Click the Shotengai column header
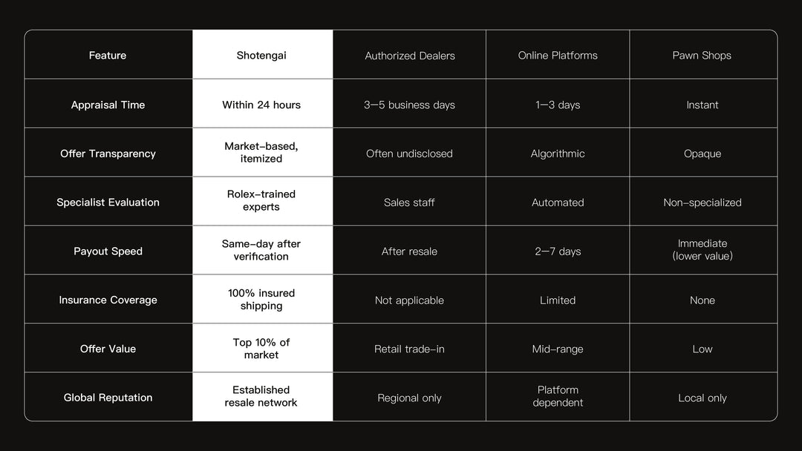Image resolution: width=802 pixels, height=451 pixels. (x=261, y=56)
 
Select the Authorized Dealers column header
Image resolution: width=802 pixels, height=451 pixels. (x=410, y=56)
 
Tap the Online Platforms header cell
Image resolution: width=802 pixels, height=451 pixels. (x=558, y=56)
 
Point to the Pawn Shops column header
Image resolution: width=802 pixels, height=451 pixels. (x=702, y=56)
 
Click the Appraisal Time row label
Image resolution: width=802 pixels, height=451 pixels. (x=108, y=105)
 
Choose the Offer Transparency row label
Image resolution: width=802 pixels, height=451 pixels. (x=108, y=154)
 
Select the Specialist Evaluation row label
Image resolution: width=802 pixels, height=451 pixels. (x=108, y=203)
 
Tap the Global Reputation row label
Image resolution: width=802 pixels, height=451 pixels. (x=108, y=398)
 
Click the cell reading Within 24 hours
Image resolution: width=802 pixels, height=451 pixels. (x=261, y=105)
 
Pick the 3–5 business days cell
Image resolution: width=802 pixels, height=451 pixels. (x=410, y=105)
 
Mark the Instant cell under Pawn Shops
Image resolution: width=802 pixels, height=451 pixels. (x=702, y=105)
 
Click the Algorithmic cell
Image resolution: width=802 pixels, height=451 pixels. (x=558, y=154)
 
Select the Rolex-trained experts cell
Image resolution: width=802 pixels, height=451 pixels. (x=261, y=200)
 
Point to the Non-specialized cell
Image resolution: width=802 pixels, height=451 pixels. (x=702, y=203)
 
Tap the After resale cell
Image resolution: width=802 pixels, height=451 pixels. (x=410, y=251)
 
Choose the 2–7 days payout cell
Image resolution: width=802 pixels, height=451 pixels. (x=558, y=251)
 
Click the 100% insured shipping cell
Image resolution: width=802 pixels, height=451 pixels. (x=261, y=300)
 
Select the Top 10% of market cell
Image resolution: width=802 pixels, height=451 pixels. (x=261, y=349)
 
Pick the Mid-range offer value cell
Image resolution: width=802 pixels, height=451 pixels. (x=558, y=349)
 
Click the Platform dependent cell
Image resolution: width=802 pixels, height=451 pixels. (x=558, y=396)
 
